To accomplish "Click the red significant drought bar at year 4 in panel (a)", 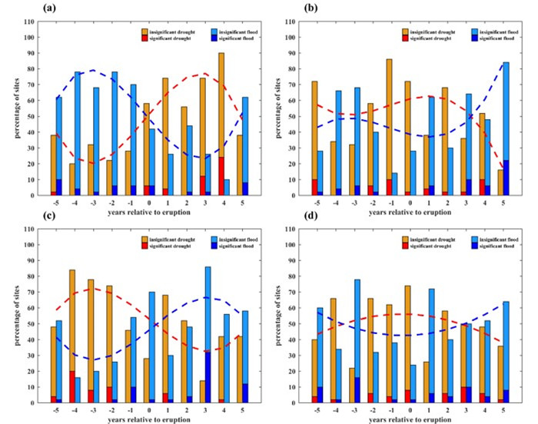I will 221,177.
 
